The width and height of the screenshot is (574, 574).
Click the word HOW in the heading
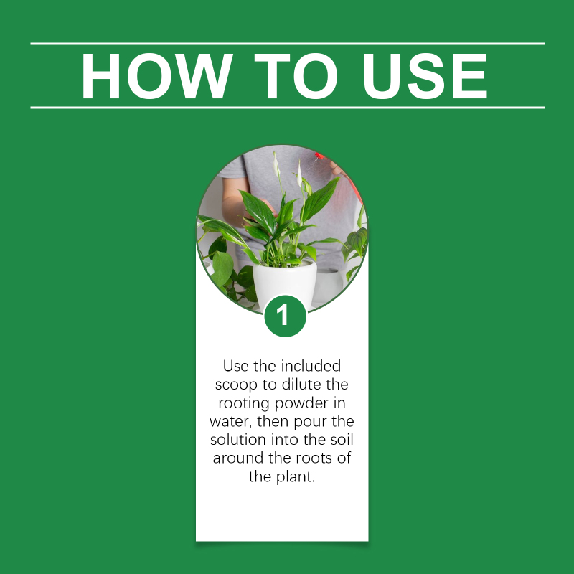[x=156, y=76]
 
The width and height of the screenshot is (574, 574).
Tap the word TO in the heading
[x=296, y=76]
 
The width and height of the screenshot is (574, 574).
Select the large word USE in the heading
[x=425, y=76]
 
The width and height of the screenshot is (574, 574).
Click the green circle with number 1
[x=285, y=316]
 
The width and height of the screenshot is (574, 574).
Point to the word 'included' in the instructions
[x=311, y=366]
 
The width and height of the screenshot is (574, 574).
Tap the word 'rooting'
[x=244, y=404]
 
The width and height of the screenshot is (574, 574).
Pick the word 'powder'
[x=301, y=404]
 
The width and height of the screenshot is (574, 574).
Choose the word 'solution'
[x=238, y=439]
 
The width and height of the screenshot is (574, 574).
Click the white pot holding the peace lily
[x=284, y=283]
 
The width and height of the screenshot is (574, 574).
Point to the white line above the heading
[x=288, y=44]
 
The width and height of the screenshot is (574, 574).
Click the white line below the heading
[x=288, y=108]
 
